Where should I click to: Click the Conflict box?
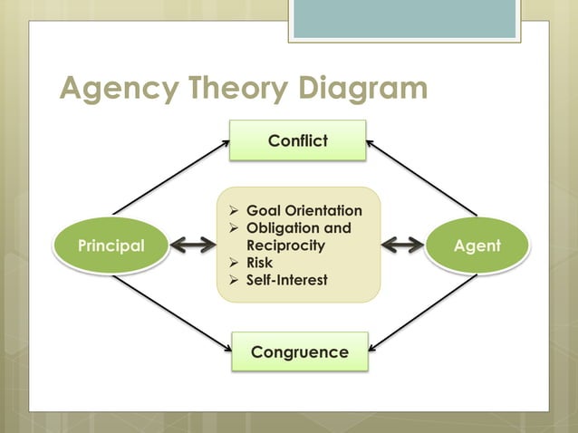click(x=297, y=140)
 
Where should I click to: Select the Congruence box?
click(x=299, y=351)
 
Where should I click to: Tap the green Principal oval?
click(x=111, y=245)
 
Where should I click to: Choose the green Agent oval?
click(x=477, y=245)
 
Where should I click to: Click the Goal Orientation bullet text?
click(x=303, y=211)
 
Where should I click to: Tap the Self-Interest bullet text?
click(x=286, y=280)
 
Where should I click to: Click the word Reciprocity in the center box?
click(x=285, y=245)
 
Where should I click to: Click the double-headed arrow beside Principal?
click(x=193, y=245)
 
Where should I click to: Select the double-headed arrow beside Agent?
click(x=402, y=245)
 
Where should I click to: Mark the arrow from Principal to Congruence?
click(x=169, y=313)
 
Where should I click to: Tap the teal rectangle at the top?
click(x=404, y=18)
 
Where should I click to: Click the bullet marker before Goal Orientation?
click(x=234, y=211)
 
